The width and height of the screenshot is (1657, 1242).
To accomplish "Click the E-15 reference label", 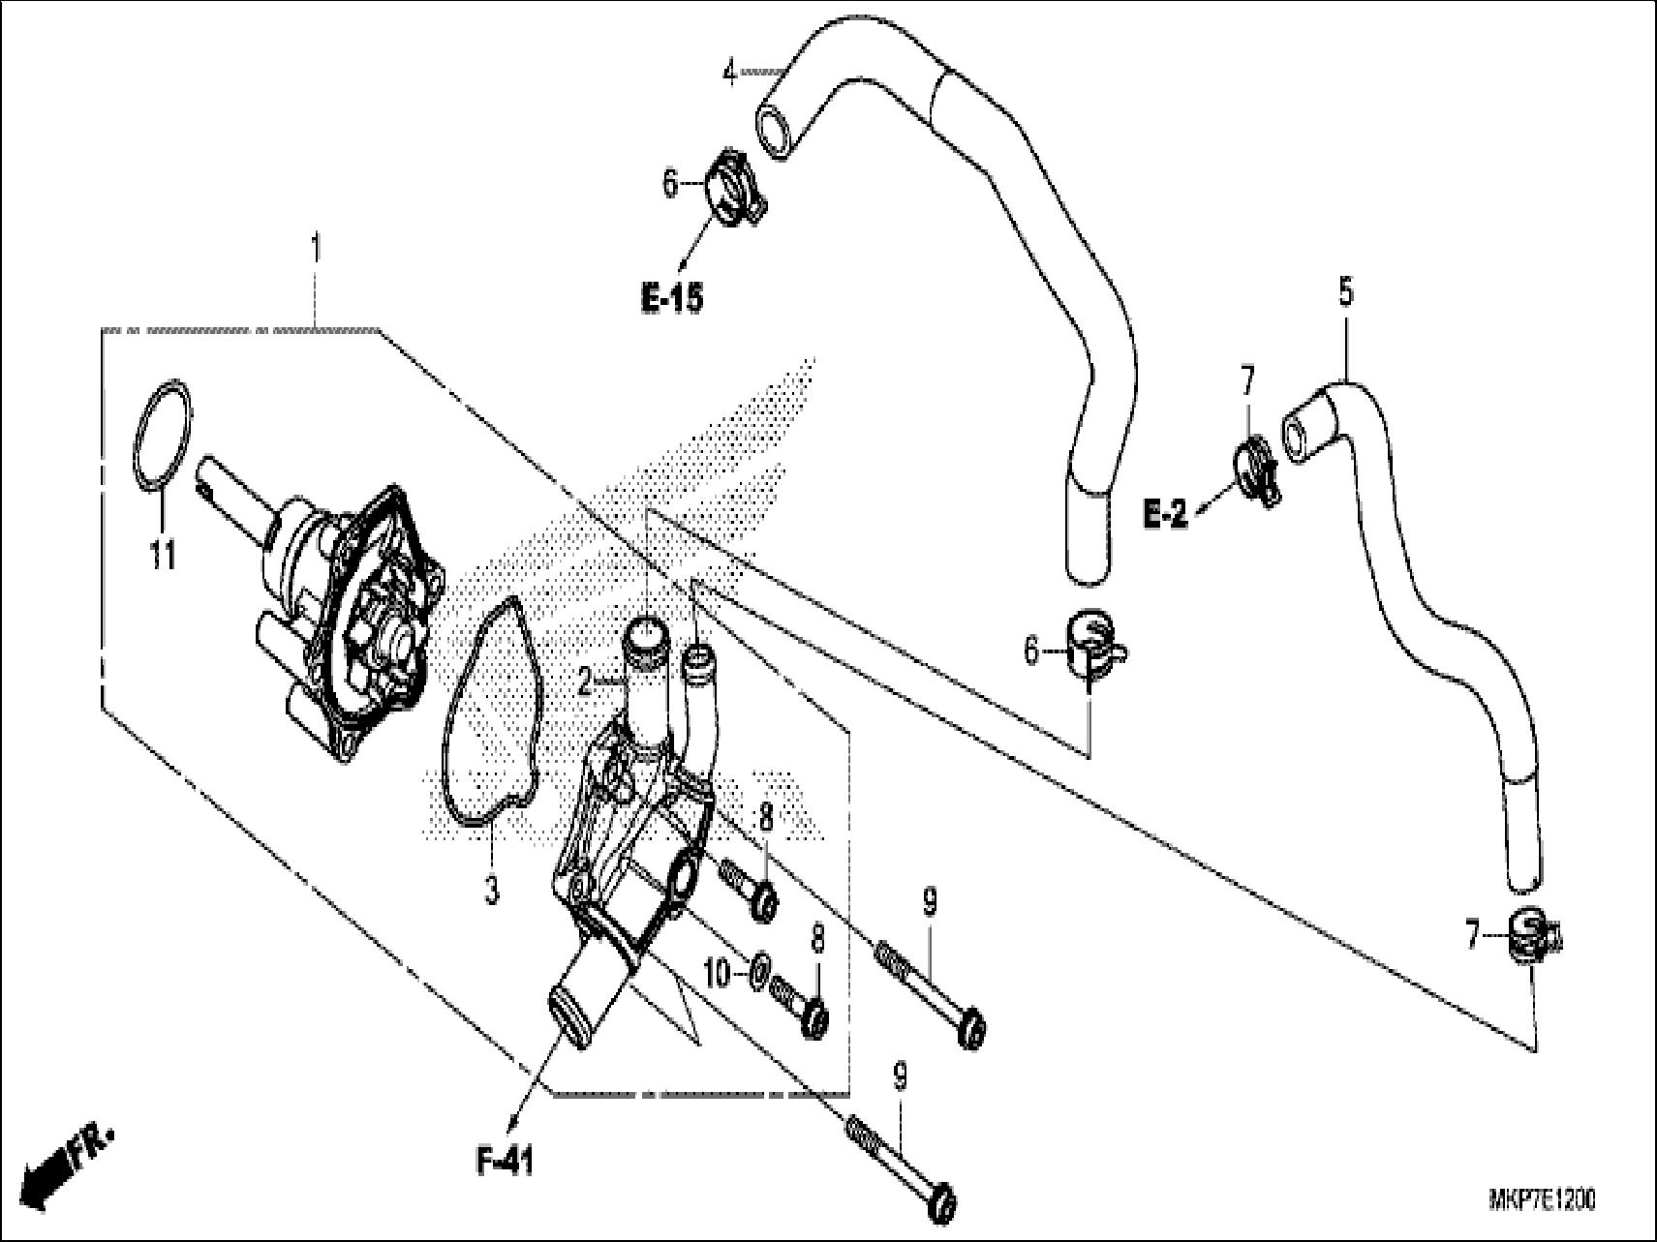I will pyautogui.click(x=671, y=298).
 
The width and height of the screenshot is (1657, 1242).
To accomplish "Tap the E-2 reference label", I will pyautogui.click(x=1165, y=514).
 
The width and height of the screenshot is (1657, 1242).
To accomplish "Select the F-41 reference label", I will pyautogui.click(x=505, y=1161).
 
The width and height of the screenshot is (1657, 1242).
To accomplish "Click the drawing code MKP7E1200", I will pyautogui.click(x=1542, y=1201).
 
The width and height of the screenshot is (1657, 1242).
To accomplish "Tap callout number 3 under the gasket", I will pyautogui.click(x=492, y=889).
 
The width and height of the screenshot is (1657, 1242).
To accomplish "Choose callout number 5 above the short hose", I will pyautogui.click(x=1346, y=292).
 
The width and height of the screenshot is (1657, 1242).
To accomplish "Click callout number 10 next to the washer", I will pyautogui.click(x=717, y=974).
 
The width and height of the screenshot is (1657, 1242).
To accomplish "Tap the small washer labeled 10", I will pyautogui.click(x=760, y=966).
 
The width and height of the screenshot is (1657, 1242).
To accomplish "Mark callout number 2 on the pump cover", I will pyautogui.click(x=584, y=682).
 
